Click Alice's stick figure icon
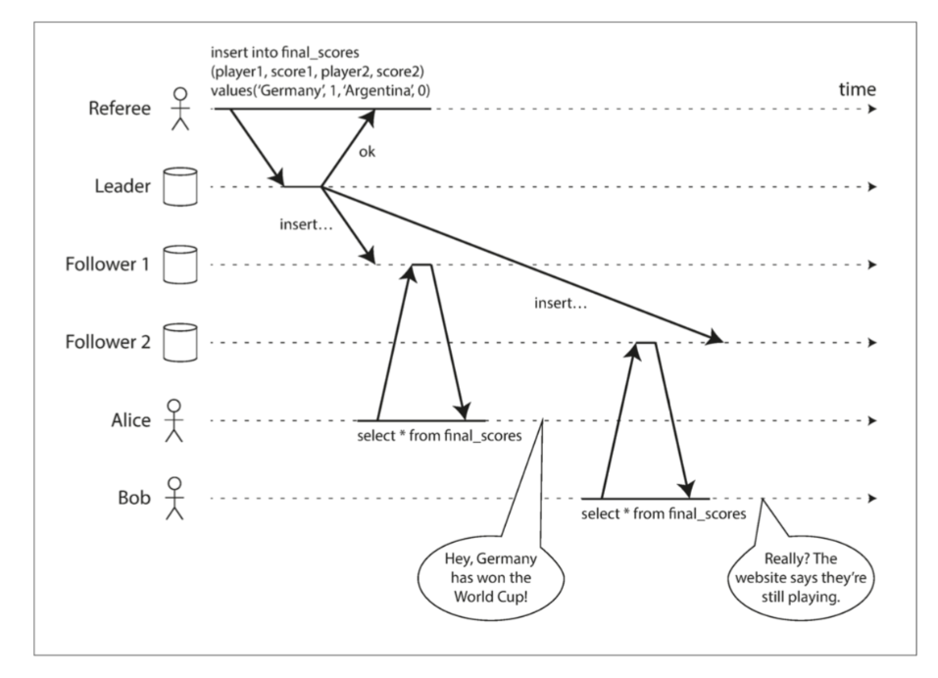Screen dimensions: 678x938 coord(174,420)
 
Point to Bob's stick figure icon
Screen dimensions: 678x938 coord(174,498)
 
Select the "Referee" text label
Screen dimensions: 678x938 coord(120,108)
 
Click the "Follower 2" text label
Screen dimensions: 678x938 coord(108,343)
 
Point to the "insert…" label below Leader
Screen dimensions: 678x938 coord(308,225)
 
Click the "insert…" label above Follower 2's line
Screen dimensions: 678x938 coord(561,305)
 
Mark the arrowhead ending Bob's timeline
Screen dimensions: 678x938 coord(871,499)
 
